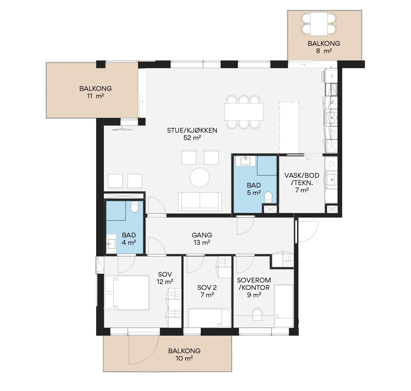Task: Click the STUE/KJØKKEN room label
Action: coord(192,134)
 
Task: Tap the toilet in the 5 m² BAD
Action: coord(268,197)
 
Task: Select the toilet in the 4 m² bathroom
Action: coord(135,207)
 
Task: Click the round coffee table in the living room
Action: coord(200,178)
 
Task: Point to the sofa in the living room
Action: coord(200,202)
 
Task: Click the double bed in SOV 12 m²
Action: coord(127,292)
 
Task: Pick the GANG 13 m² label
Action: coord(202,239)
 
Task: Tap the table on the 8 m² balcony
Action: coord(319,24)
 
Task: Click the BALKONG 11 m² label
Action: coord(95,92)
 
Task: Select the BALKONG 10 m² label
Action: coord(184,354)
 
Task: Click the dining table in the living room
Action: coord(244,112)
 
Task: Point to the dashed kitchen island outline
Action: coord(289,128)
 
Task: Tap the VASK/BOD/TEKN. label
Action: coord(302,182)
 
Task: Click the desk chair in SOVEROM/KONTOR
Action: coord(257,314)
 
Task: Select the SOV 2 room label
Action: coord(207,291)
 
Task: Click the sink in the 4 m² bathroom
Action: coord(111,244)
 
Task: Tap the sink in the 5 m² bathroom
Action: coord(246,161)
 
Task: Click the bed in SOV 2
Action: coord(210,318)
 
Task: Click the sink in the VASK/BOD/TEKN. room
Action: coord(331,180)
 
